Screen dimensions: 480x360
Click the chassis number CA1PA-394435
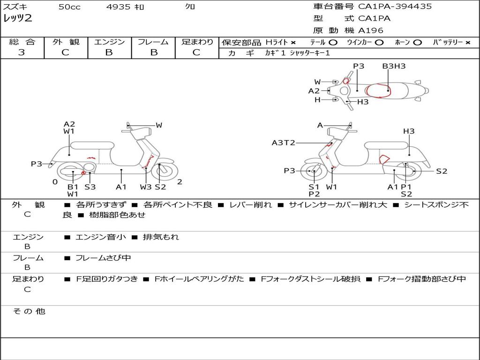click(x=395, y=7)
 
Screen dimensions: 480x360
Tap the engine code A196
click(x=370, y=30)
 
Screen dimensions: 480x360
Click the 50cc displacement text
click(x=69, y=7)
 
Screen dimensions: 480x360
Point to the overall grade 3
click(x=22, y=52)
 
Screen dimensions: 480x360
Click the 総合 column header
click(x=22, y=42)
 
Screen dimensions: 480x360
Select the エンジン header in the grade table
click(x=109, y=42)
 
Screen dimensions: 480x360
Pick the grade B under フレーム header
click(x=153, y=52)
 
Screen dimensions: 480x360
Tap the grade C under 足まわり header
click(x=196, y=52)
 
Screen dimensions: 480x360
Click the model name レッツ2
click(x=17, y=19)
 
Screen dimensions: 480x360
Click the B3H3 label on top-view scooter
click(x=394, y=66)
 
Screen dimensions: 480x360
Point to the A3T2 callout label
click(x=283, y=142)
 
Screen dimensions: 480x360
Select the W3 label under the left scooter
click(x=146, y=187)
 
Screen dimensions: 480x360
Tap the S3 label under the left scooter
click(x=90, y=187)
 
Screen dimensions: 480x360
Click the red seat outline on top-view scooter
click(x=379, y=90)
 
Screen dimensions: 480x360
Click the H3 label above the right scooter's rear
click(x=409, y=131)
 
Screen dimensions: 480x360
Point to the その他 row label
click(x=29, y=311)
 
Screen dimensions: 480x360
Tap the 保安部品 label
click(x=241, y=42)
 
